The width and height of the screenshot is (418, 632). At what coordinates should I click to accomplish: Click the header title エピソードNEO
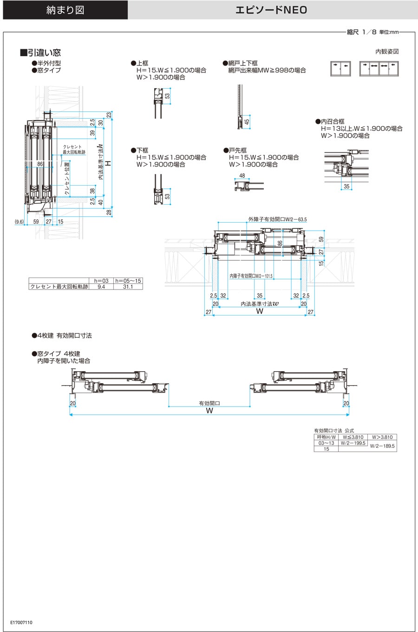(x=271, y=10)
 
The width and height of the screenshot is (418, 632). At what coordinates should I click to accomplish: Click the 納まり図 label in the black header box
(x=65, y=10)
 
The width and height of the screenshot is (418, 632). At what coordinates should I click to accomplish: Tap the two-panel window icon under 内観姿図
(x=340, y=69)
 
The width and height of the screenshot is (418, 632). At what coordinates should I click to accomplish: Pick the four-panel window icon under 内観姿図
(x=379, y=69)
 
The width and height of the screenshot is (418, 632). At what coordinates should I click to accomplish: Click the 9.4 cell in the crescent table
(x=101, y=287)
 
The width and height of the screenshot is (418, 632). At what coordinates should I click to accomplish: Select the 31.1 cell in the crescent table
(x=128, y=287)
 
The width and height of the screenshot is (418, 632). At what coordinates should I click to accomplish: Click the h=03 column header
(x=101, y=281)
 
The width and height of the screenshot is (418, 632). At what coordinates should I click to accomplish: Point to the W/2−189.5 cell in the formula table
(x=382, y=446)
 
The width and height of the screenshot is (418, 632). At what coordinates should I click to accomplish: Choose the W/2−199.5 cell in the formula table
(x=353, y=443)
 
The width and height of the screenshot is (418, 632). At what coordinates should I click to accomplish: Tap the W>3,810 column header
(x=382, y=437)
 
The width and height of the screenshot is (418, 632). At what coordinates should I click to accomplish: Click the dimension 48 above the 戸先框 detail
(x=242, y=176)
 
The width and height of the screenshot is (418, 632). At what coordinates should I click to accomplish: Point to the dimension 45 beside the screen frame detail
(x=247, y=122)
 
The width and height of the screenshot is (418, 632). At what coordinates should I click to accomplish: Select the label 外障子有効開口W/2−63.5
(x=277, y=219)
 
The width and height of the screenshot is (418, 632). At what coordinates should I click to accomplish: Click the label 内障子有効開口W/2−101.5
(x=251, y=276)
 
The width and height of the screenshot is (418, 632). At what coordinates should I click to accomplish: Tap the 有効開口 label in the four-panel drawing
(x=209, y=404)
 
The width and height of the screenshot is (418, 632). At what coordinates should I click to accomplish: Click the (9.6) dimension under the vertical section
(x=19, y=222)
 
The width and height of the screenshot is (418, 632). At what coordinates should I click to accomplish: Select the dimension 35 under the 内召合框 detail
(x=346, y=187)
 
